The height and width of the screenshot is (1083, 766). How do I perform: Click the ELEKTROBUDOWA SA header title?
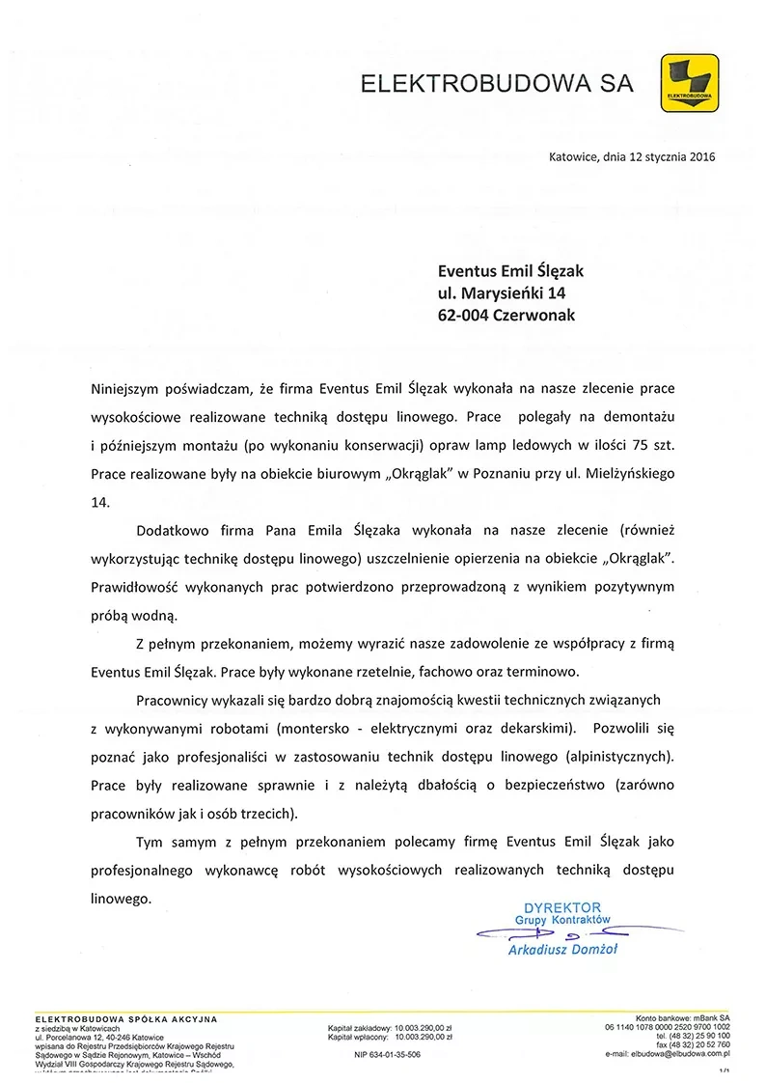[497, 84]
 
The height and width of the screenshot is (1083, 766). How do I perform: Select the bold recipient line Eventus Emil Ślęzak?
[510, 272]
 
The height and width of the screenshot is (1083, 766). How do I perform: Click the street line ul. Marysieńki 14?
[501, 293]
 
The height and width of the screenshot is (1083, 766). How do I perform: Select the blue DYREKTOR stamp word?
[561, 907]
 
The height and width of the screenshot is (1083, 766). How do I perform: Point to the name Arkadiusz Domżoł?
[562, 950]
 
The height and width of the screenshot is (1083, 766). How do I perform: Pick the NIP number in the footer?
[388, 1055]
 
